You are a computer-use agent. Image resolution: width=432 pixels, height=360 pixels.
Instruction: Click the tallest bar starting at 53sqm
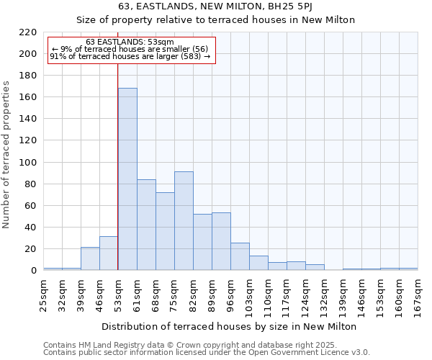click(127, 179)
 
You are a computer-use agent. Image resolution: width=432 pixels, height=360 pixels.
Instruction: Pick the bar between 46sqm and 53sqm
click(109, 253)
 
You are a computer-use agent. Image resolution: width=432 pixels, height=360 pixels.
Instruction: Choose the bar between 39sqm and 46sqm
click(90, 258)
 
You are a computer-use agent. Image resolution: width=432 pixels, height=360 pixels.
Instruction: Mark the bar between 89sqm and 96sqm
click(221, 241)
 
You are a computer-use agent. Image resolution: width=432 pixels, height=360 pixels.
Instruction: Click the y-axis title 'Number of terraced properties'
click(6, 154)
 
